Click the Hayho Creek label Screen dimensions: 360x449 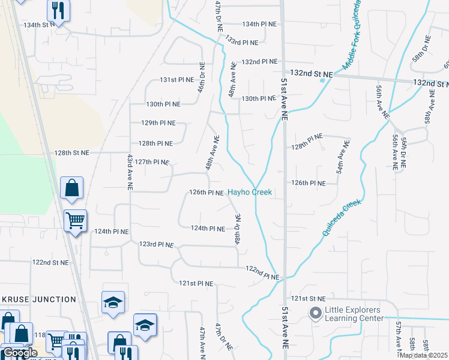coord(250,193)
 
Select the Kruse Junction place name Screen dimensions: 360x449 coord(38,299)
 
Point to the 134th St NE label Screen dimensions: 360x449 coord(39,25)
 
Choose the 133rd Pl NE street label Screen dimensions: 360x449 coord(241,43)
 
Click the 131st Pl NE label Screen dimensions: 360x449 coord(176,80)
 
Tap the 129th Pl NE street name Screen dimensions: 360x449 coord(158,123)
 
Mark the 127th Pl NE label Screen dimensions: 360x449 coord(151,162)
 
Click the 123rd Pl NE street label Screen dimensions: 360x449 coord(156,245)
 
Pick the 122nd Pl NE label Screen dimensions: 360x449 coord(263,273)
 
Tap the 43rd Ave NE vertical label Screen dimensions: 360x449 coord(130,172)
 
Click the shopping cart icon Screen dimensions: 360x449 coord(75,221)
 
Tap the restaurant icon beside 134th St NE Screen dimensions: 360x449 coord(58,10)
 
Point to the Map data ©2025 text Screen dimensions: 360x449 coord(423,355)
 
